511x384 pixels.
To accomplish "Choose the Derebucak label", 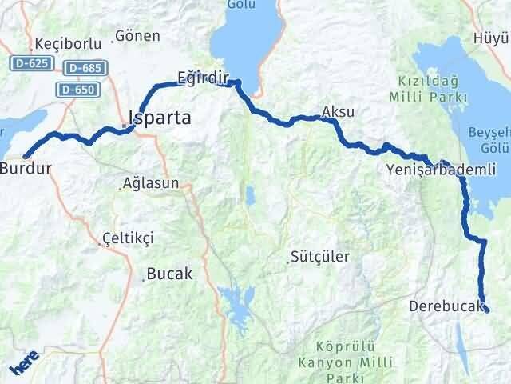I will point(446,306).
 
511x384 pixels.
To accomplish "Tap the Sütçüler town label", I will point(320,258).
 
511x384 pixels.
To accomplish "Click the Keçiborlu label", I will point(61,44).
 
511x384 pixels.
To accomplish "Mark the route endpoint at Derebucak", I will point(486,310).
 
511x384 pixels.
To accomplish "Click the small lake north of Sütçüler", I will point(249,194).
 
